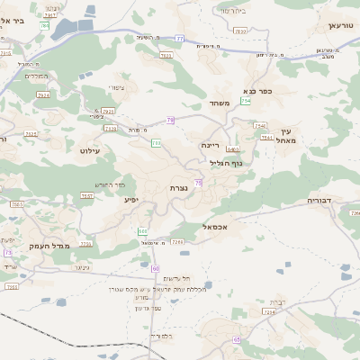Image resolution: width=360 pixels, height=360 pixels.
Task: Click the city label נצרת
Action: pos(177,188)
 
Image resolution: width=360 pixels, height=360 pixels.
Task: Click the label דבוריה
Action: pos(319,200)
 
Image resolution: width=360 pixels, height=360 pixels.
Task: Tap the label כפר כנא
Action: pos(258,92)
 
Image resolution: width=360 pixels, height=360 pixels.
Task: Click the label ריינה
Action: pos(210,144)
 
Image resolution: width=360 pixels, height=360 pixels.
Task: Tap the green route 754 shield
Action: pos(246,102)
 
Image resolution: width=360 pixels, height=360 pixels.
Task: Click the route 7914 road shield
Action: pos(108,111)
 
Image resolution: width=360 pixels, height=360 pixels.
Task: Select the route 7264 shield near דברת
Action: pos(268,312)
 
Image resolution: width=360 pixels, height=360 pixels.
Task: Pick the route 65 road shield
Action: pos(237,339)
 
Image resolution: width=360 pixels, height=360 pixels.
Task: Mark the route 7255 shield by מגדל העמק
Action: pos(85,244)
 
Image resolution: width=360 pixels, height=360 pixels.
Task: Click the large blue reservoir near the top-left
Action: pos(72,30)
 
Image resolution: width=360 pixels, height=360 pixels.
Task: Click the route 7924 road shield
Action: pos(43,94)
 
